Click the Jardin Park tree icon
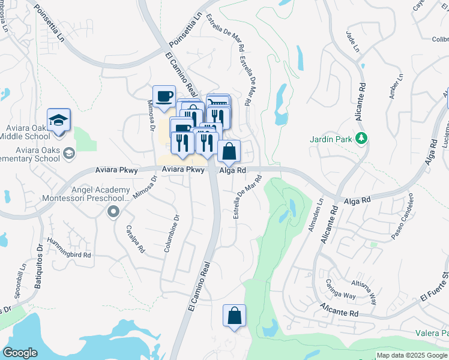click(361, 139)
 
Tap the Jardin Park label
click(330, 139)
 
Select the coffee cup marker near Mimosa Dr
click(164, 95)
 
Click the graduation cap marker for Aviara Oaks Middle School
click(59, 120)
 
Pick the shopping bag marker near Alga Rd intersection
click(229, 152)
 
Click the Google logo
click(20, 353)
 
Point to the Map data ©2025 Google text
click(411, 355)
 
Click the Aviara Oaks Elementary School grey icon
click(69, 152)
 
